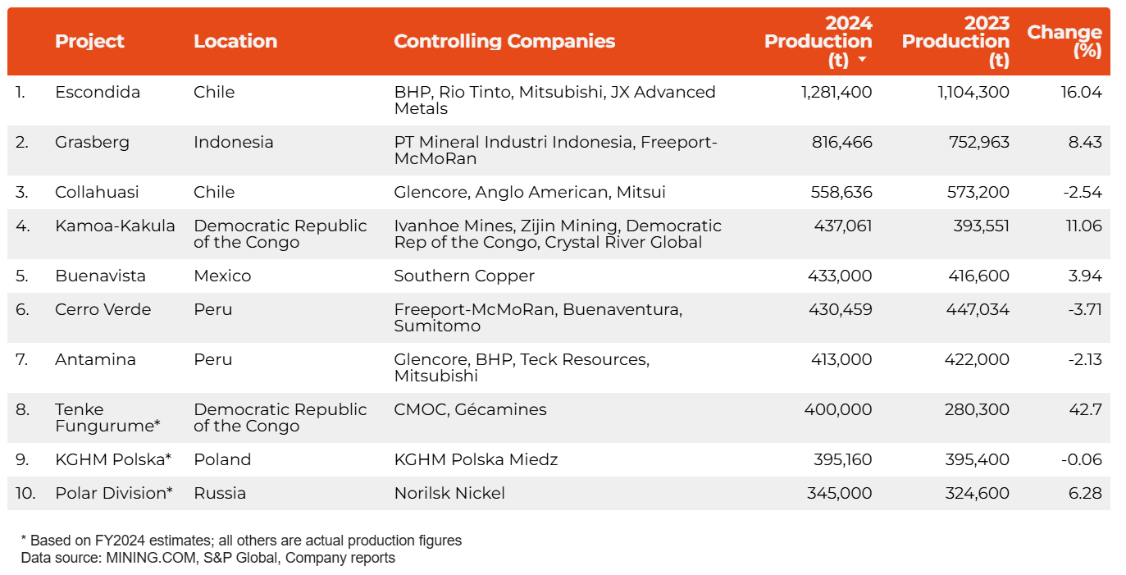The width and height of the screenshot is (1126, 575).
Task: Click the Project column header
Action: tap(89, 41)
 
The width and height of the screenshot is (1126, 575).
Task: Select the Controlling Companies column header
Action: tap(504, 41)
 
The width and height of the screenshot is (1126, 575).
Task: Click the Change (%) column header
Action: tap(1064, 41)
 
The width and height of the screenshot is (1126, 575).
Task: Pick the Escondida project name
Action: tap(98, 92)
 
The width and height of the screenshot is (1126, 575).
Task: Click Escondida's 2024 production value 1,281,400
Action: tap(837, 92)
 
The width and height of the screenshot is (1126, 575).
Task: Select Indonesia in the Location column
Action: tap(234, 142)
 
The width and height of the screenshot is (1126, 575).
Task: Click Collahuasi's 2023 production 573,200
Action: tap(975, 192)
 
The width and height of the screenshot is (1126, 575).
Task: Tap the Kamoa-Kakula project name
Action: tap(115, 226)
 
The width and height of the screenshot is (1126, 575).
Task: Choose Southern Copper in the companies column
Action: tap(464, 276)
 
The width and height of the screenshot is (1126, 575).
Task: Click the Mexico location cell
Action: tap(222, 276)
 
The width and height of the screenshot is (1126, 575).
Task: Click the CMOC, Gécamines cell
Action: tap(470, 409)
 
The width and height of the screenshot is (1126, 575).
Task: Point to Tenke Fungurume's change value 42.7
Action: tap(1085, 409)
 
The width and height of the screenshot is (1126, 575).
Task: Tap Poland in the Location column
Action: tap(222, 459)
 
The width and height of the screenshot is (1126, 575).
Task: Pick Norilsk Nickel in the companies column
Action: tap(449, 493)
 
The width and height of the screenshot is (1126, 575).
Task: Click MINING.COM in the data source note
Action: tap(139, 558)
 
